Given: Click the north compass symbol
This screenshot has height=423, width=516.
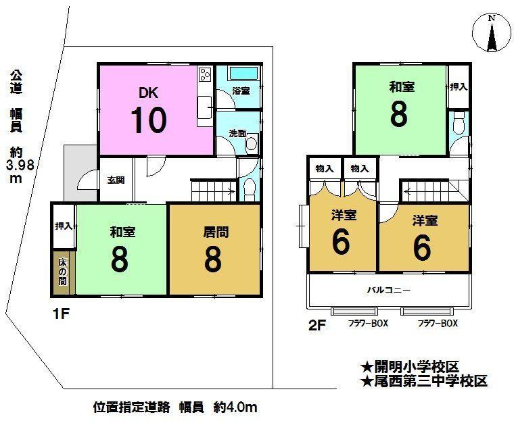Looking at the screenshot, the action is tap(492, 33).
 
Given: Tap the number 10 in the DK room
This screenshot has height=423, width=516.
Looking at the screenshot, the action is tap(149, 120).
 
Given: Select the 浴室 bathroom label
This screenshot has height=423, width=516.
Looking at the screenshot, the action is tap(241, 91).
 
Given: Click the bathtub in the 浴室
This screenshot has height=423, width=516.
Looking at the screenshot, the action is tap(243, 73).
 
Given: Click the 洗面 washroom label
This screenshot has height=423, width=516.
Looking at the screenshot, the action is tap(237, 133).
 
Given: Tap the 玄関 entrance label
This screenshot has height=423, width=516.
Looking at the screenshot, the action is tap(116, 180).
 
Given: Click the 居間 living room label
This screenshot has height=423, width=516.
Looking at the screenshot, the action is tap(216, 232).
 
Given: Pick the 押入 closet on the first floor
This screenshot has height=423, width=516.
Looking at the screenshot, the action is tap(64, 226).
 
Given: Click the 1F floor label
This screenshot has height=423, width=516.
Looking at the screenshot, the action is tap(62, 314).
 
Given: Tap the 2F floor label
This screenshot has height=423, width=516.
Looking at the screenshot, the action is tap(317, 325).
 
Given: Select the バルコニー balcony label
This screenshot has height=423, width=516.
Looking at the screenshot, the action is tap(389, 290).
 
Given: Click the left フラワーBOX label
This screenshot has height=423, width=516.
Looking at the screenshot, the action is tap(369, 324).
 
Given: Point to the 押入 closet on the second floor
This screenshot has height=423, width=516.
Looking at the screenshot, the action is tap(459, 87).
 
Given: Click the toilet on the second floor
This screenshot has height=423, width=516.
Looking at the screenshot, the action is tap(459, 124).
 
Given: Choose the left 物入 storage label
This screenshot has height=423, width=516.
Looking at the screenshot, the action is tap(325, 169).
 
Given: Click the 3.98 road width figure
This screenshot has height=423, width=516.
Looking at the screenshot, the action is tap(20, 165).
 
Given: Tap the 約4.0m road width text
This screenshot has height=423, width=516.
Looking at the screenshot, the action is tap(235, 407).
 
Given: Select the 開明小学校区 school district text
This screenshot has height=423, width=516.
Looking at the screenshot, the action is tap(410, 366).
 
